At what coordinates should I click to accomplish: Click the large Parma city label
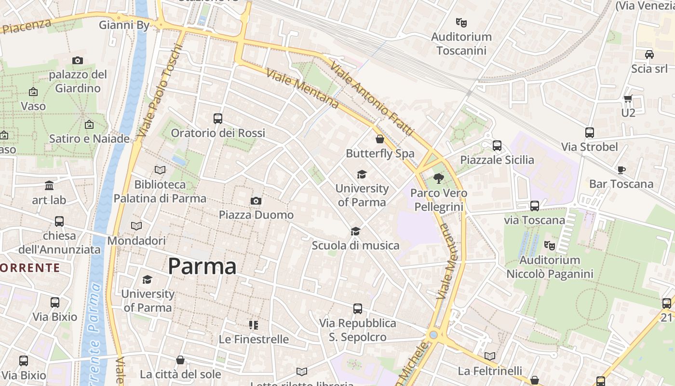coord(202,266)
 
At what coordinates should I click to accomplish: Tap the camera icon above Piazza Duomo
coord(256,201)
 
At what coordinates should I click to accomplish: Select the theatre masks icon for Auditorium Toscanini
coord(461,22)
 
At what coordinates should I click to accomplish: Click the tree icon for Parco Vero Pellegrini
coord(438,179)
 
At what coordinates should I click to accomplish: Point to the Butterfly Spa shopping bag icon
coord(380,139)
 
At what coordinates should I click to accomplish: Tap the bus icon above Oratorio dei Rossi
coord(218,118)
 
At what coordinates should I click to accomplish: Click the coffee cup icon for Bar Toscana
coord(621,170)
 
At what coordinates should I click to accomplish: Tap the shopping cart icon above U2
coord(628,99)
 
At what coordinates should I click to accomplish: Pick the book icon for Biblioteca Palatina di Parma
coord(160,170)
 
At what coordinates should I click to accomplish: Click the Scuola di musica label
coord(355,246)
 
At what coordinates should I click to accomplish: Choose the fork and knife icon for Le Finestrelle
coord(254,325)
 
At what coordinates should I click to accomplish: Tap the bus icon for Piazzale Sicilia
coord(497,145)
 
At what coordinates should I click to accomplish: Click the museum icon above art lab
coord(49,186)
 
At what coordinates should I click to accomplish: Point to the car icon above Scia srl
coord(649,55)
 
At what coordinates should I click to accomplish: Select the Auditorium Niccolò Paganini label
coord(550,267)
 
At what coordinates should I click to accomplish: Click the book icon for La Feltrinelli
coord(490,357)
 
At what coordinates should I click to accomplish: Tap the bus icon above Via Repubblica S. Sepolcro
coord(357,309)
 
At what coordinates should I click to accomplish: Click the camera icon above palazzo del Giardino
coord(78,60)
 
